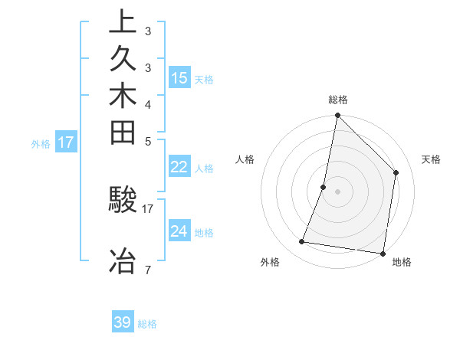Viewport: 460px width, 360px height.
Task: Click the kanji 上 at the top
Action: tap(123, 21)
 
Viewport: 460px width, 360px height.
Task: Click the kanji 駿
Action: tap(123, 200)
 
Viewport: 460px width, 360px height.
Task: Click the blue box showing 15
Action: tap(179, 77)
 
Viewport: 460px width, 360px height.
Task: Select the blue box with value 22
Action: tap(179, 167)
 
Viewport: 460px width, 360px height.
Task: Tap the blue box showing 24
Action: tap(179, 231)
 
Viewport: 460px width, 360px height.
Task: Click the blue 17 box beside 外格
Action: tap(66, 142)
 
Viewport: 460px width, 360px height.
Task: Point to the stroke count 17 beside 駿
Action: tap(148, 208)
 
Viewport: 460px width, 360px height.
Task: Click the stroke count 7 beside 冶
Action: tap(147, 270)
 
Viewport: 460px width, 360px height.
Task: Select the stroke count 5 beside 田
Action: tap(147, 141)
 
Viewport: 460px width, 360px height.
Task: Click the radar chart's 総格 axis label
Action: tap(337, 100)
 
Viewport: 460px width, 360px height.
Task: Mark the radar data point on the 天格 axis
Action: tap(396, 172)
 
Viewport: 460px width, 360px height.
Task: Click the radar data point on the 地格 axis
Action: tap(383, 253)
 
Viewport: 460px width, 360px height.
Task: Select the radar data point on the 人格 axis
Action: tap(324, 187)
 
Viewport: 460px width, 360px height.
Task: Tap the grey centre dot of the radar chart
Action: tap(337, 191)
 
